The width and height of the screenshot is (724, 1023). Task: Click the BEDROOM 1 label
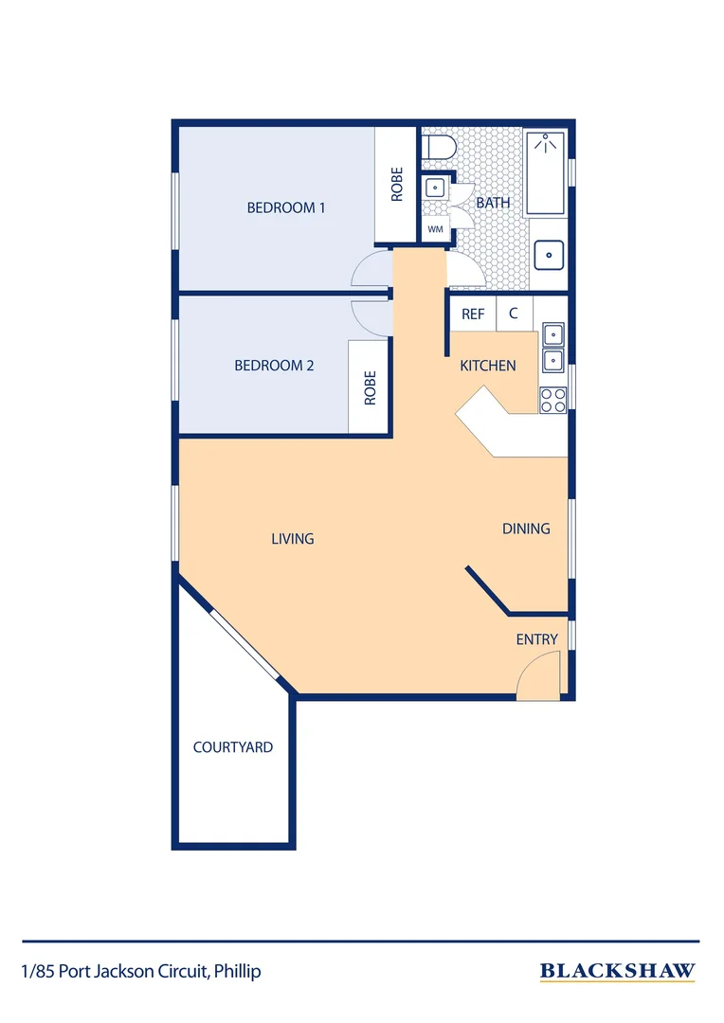pyautogui.click(x=286, y=207)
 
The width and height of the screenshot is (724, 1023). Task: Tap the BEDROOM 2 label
pyautogui.click(x=274, y=366)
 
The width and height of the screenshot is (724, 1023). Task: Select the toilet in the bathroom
pyautogui.click(x=438, y=148)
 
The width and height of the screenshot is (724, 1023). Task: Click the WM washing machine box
pyautogui.click(x=436, y=229)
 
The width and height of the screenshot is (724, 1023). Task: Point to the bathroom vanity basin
pyautogui.click(x=549, y=255)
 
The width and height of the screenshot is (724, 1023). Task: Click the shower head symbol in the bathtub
pyautogui.click(x=546, y=143)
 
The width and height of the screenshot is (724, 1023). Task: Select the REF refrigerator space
pyautogui.click(x=473, y=314)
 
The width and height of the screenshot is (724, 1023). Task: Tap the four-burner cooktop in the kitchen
pyautogui.click(x=553, y=400)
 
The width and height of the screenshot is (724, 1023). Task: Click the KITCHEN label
pyautogui.click(x=488, y=366)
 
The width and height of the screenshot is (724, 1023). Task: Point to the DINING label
pyautogui.click(x=526, y=529)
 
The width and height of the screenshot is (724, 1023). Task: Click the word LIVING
pyautogui.click(x=293, y=538)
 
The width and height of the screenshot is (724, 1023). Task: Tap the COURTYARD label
pyautogui.click(x=233, y=747)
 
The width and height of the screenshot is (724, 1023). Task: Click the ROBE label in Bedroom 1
pyautogui.click(x=396, y=185)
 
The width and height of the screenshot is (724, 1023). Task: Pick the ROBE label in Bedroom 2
pyautogui.click(x=371, y=388)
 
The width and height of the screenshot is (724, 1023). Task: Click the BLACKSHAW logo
pyautogui.click(x=617, y=971)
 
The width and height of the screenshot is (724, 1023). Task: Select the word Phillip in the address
pyautogui.click(x=238, y=972)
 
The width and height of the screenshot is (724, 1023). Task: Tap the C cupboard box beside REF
pyautogui.click(x=514, y=314)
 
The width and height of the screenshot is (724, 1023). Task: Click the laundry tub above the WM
pyautogui.click(x=436, y=188)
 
